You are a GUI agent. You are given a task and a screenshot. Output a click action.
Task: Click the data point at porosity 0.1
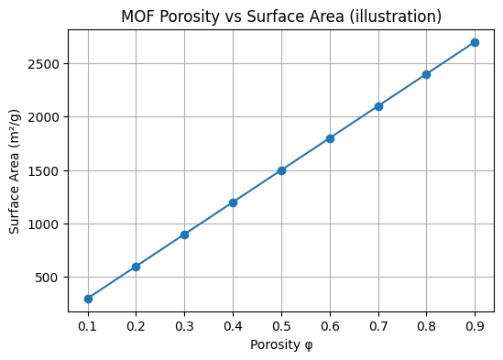coord(88,299)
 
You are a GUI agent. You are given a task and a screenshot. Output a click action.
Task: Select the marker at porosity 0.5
coord(281,170)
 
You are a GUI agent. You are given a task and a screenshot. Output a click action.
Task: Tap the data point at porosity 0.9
coord(475,42)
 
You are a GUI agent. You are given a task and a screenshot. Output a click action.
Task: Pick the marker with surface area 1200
coord(233,202)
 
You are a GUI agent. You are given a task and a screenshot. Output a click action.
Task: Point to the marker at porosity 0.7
coord(378,106)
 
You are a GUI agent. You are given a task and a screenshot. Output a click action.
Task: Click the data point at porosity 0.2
coord(137,267)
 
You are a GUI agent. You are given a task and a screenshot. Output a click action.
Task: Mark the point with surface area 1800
coord(330,138)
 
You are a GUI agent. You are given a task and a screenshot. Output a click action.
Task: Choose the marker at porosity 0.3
coord(184,235)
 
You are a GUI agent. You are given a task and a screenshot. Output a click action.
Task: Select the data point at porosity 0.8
coord(426,74)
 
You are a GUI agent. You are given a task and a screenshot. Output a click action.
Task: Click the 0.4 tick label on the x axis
coord(233,325)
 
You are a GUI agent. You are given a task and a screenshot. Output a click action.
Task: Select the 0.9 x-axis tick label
coord(475,325)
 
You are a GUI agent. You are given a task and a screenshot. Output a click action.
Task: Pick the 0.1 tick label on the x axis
coord(88,325)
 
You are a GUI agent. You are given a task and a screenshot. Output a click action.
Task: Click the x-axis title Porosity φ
coord(281,344)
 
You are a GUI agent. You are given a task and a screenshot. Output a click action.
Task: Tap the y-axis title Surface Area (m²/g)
coord(16,170)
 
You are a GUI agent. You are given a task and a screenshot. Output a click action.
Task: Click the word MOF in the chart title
coord(137,16)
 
